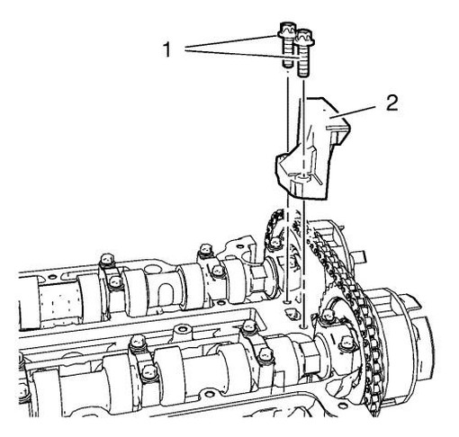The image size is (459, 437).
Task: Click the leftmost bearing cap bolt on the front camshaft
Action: (x=136, y=343)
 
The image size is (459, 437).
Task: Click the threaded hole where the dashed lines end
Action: (x=291, y=314)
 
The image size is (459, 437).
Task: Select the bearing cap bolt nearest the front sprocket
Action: (x=346, y=343)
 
